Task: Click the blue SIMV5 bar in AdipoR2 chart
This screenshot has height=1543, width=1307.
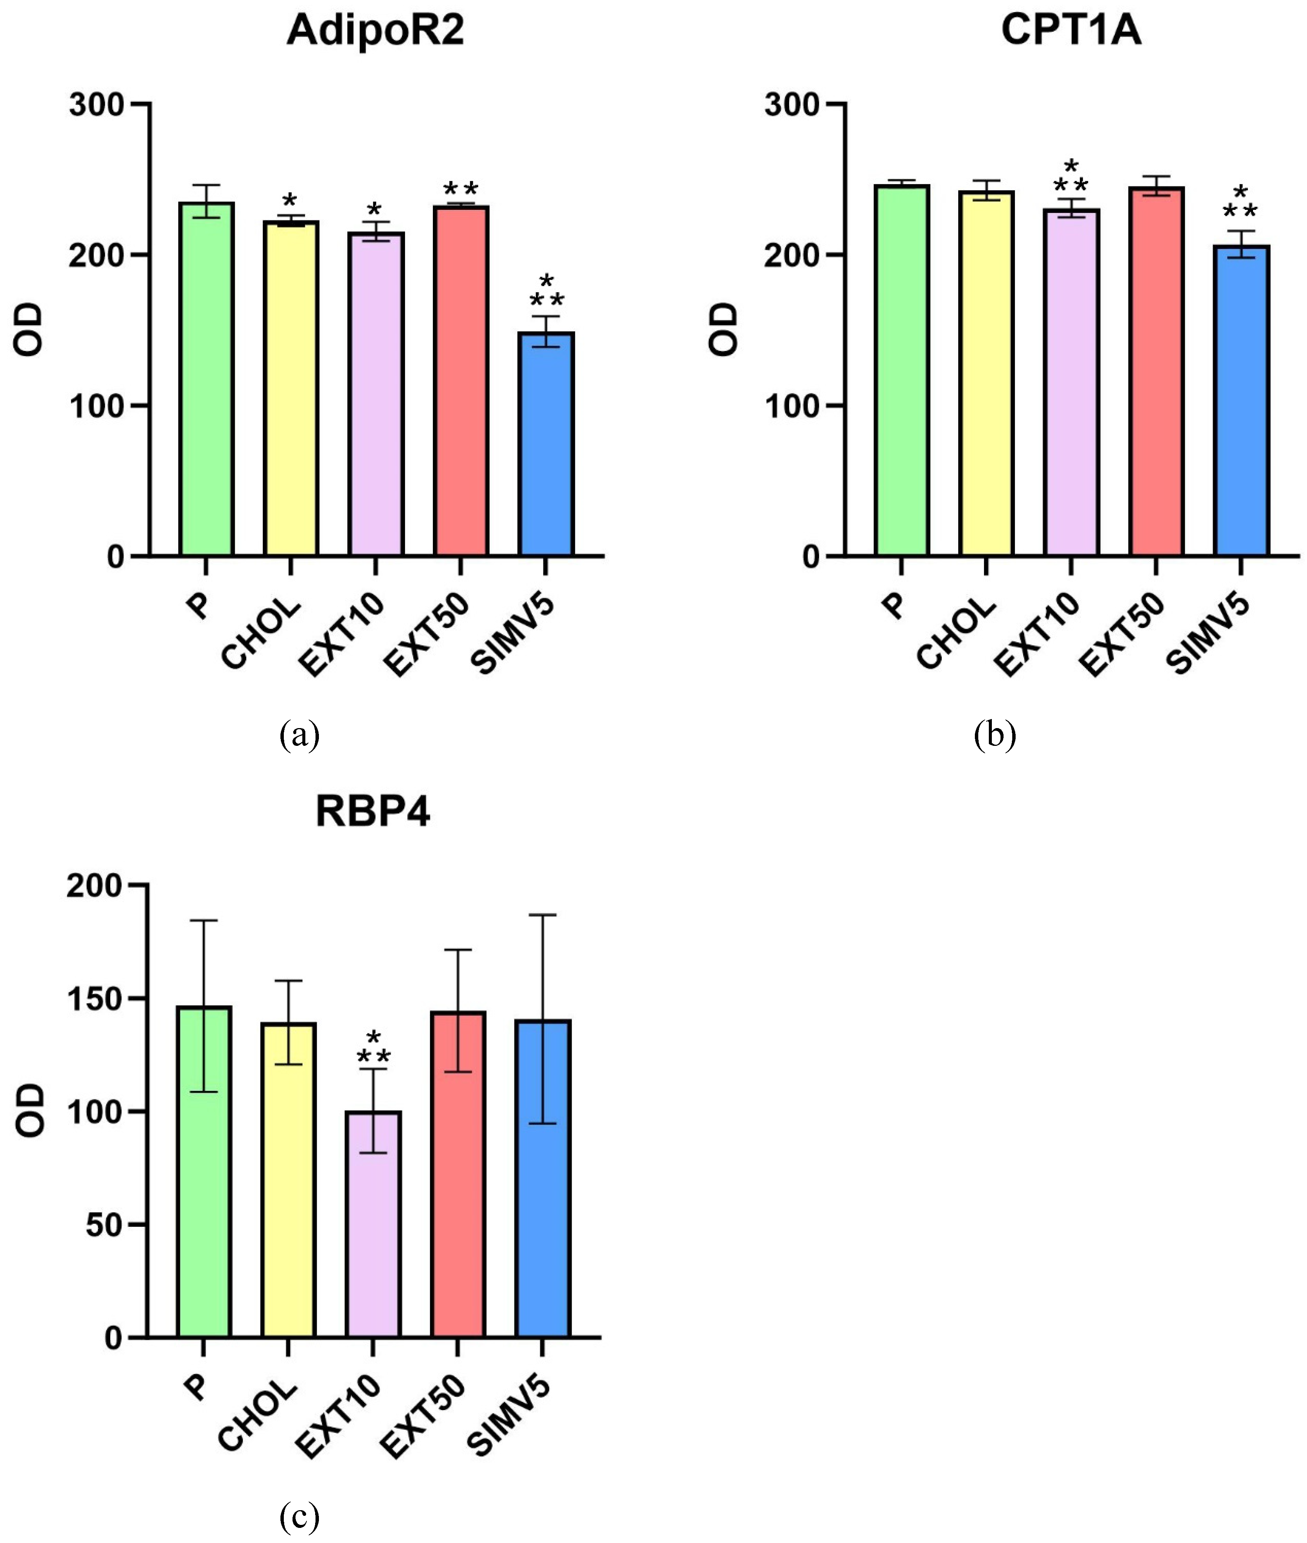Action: pos(546,445)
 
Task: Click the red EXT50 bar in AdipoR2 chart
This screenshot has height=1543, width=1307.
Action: pos(461,382)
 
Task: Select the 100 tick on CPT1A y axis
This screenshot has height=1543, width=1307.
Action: pos(791,406)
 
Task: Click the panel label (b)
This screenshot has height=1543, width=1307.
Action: pos(994,735)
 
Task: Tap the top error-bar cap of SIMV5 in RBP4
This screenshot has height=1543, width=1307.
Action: pos(542,915)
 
